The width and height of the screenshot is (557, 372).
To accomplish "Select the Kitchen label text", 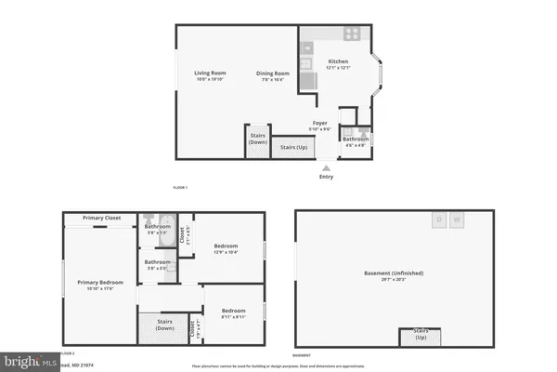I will tap(337, 62).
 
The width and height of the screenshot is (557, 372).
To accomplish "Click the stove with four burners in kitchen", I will tap(353, 33).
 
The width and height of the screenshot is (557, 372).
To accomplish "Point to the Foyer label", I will tap(318, 123).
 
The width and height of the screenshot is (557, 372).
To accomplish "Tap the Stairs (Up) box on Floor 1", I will tap(290, 146).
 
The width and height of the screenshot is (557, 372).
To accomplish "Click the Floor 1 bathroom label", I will tap(356, 139).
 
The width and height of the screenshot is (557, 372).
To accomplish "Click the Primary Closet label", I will tap(101, 218).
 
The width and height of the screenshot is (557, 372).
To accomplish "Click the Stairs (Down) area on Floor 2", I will tap(165, 325).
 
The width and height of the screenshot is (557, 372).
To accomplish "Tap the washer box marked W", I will tap(457, 220).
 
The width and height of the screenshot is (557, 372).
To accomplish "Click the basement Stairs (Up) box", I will tap(420, 337).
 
